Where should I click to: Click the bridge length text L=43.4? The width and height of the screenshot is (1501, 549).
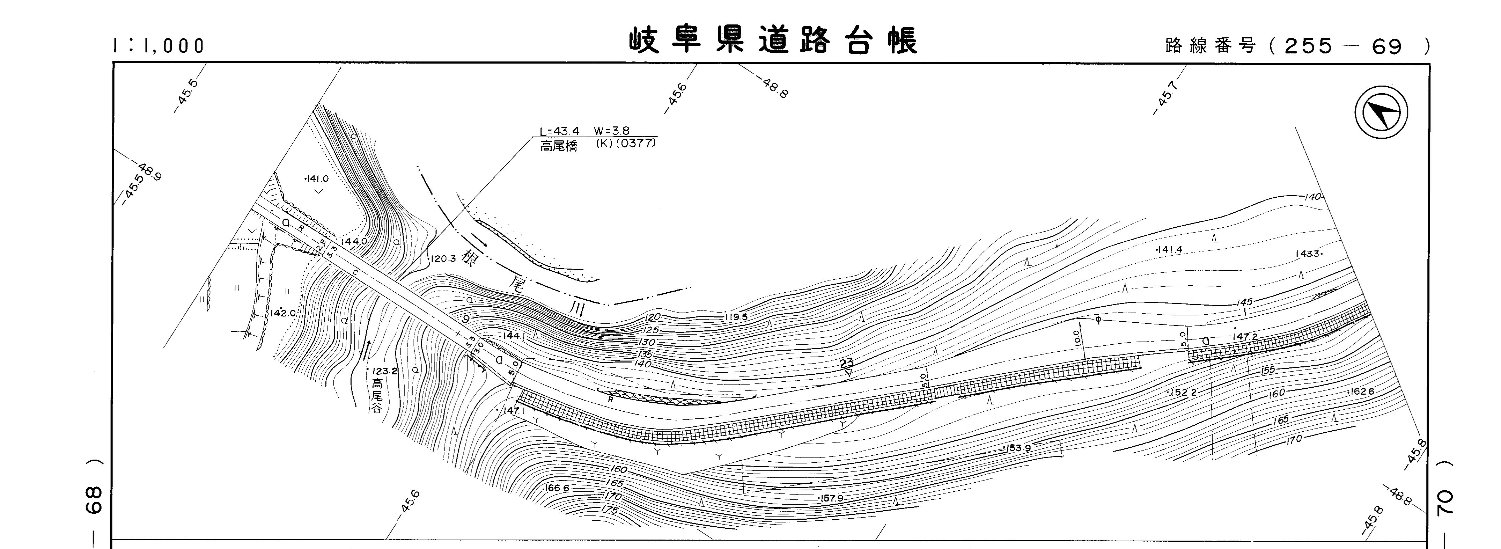click(x=559, y=131)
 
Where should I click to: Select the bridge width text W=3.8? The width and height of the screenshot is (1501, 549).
click(x=611, y=131)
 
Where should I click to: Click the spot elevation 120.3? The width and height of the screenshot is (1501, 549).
click(x=443, y=259)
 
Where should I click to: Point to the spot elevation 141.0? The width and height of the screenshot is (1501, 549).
click(x=318, y=179)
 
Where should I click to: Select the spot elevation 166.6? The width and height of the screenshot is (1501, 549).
click(x=557, y=488)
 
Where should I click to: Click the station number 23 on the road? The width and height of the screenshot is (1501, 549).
click(x=847, y=364)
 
